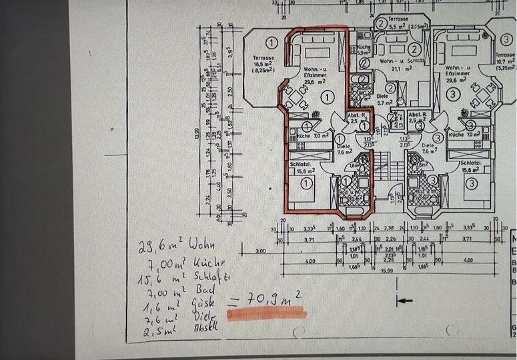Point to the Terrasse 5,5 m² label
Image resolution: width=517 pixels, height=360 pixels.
[x=400, y=23]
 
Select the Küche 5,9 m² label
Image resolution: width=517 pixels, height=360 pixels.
[x=364, y=51]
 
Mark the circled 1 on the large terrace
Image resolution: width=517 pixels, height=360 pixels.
[x=252, y=41]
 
